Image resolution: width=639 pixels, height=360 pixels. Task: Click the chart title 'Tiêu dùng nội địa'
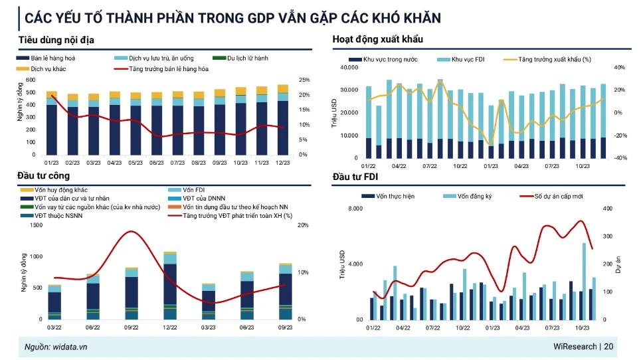point(56,40)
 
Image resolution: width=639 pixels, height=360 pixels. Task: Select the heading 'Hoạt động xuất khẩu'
point(377,40)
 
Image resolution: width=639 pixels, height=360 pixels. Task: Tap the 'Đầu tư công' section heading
point(43,175)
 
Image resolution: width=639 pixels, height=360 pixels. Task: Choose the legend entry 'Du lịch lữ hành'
point(247,58)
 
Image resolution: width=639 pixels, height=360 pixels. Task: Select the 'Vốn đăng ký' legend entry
point(476,197)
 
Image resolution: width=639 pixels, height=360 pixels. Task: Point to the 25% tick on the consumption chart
point(304,80)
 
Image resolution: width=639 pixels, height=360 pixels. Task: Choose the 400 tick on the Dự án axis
point(606,209)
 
